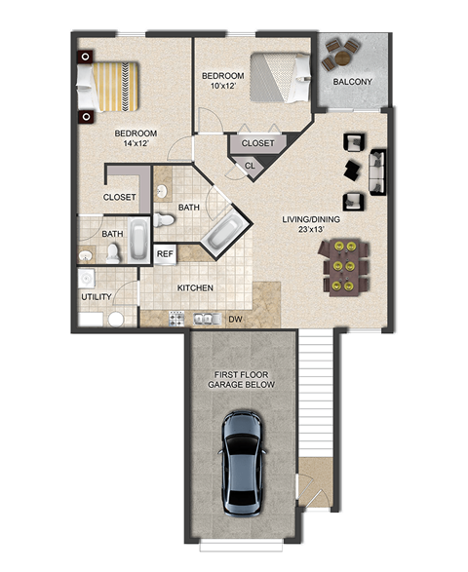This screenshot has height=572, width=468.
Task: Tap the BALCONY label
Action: (x=351, y=81)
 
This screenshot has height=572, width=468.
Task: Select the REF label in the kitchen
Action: (x=165, y=254)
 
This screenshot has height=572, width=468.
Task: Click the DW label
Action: (x=234, y=319)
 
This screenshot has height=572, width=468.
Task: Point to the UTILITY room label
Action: (x=97, y=296)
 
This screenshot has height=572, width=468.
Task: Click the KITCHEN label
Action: (x=195, y=288)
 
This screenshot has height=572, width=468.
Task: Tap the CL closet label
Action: (x=249, y=166)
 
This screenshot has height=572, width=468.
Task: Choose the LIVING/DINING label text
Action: (x=311, y=219)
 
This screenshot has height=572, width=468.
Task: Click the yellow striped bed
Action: (x=110, y=87)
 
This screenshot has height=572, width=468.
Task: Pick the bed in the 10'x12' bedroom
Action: (x=281, y=79)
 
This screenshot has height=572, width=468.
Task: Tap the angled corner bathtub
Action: (x=225, y=230)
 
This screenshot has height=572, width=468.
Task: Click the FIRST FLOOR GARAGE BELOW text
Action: (x=241, y=379)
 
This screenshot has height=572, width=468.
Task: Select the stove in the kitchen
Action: (x=177, y=318)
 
